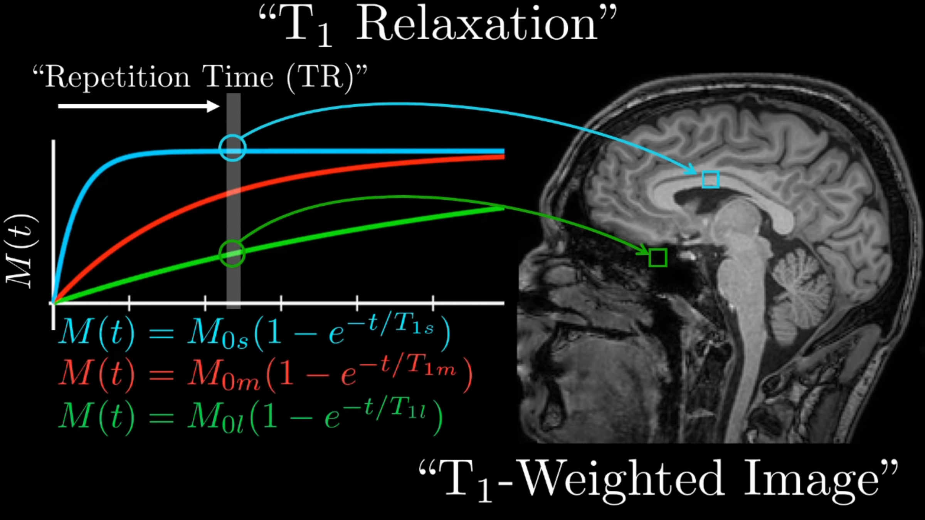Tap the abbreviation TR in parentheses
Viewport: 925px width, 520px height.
click(320, 77)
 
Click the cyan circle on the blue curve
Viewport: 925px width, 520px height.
click(232, 148)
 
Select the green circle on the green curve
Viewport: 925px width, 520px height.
click(232, 253)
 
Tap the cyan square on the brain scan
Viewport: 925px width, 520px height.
click(710, 179)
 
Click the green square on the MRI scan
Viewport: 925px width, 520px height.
click(658, 258)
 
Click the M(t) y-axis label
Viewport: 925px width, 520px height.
click(21, 250)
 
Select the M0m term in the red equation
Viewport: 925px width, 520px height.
click(224, 376)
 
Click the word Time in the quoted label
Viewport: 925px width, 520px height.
click(238, 77)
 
